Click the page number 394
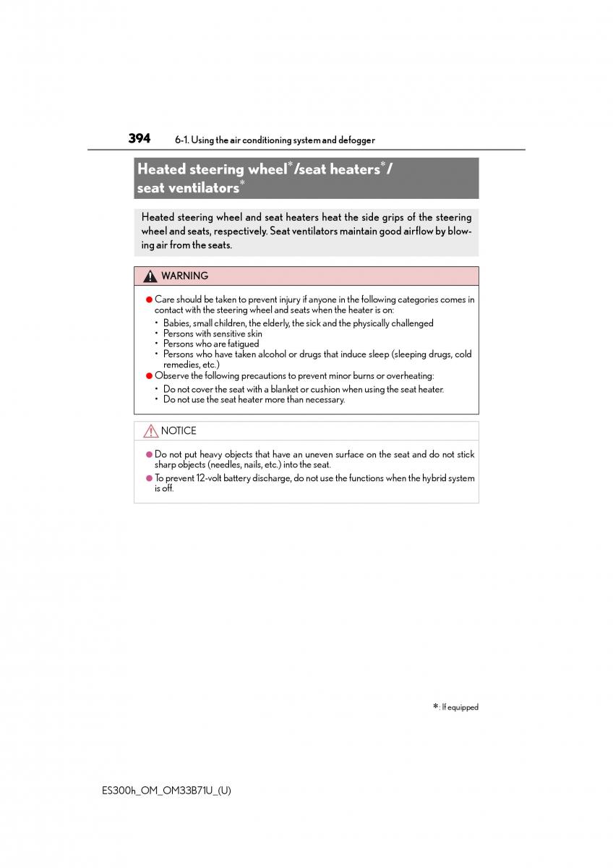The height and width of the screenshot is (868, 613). (x=140, y=138)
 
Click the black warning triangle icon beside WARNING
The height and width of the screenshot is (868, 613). (x=150, y=276)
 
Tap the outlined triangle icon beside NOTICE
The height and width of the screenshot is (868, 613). (x=150, y=431)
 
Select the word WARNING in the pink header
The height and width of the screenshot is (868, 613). (x=184, y=276)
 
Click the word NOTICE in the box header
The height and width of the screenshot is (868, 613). (x=179, y=431)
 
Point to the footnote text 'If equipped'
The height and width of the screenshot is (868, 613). (x=460, y=707)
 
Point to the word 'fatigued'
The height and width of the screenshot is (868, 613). (x=241, y=344)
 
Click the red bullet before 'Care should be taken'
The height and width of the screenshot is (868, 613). (x=149, y=299)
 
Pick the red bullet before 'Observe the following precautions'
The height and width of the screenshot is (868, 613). (x=149, y=376)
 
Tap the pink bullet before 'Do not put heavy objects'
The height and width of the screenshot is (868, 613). (x=149, y=455)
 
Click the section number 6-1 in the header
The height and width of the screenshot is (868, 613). (x=181, y=140)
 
